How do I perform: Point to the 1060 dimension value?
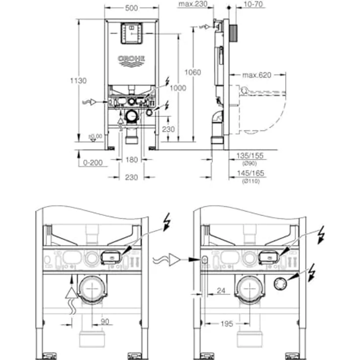(x=192, y=72)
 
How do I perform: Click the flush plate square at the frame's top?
(x=131, y=33)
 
